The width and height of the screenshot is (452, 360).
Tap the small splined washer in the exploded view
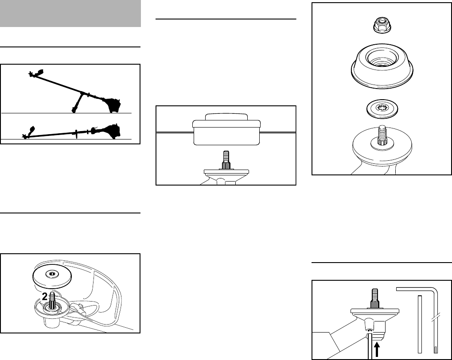382,108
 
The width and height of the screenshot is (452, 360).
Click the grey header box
71,13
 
